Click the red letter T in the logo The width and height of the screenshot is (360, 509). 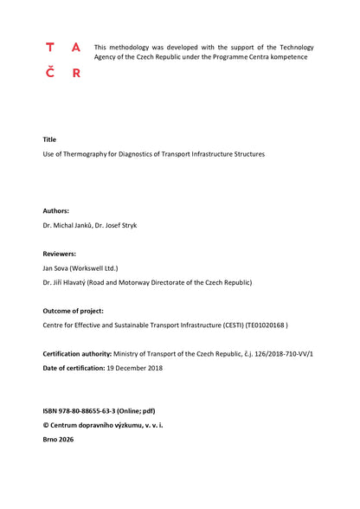click(49, 48)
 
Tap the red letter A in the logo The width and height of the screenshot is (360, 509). click(76, 48)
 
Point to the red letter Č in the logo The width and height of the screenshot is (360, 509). click(49, 73)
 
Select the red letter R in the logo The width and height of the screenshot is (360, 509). click(76, 74)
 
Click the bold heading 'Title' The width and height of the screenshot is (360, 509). click(49, 139)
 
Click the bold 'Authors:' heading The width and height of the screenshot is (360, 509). click(56, 210)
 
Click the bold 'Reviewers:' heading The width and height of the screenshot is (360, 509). click(60, 254)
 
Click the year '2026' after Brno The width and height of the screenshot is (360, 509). click(66, 439)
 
